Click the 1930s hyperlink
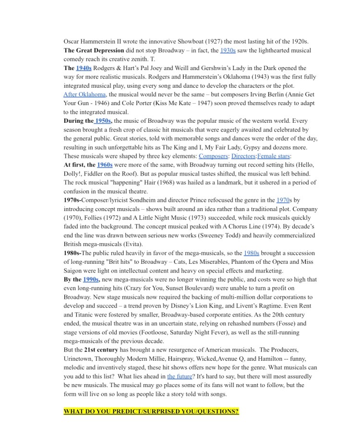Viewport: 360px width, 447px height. click(x=228, y=50)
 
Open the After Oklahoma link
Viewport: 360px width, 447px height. click(x=84, y=94)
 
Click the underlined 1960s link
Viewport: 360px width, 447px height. click(x=105, y=165)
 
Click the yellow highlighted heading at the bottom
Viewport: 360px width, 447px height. click(x=151, y=412)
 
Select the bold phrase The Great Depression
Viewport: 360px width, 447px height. click(x=94, y=50)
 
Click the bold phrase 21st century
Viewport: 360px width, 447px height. click(x=101, y=350)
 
